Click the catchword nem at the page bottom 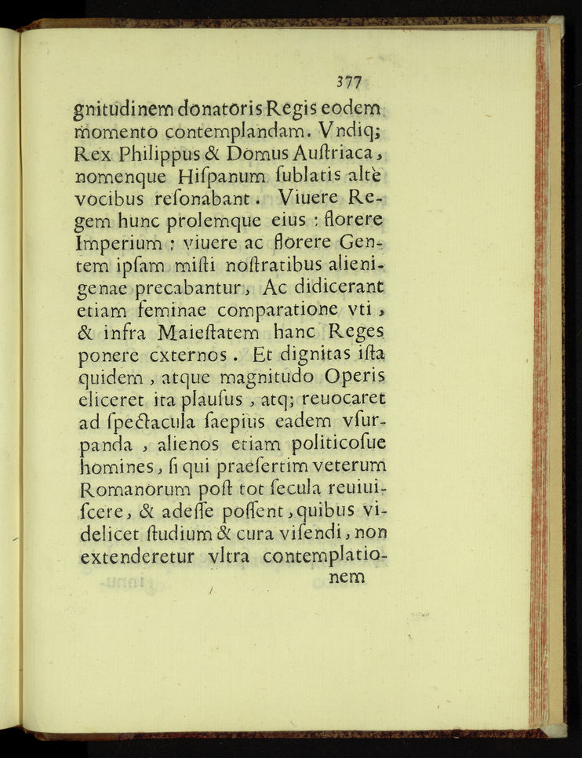pos(345,578)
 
